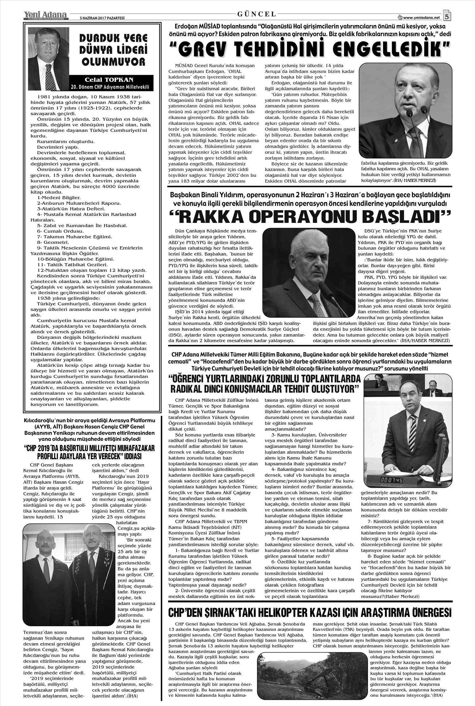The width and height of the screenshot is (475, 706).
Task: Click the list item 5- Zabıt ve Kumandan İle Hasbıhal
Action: pyautogui.click(x=82, y=226)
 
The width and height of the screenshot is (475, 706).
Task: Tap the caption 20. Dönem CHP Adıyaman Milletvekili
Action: pyautogui.click(x=110, y=87)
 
